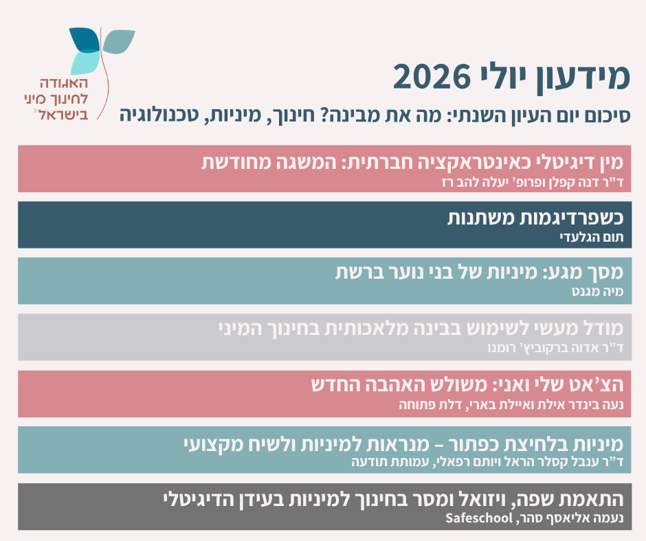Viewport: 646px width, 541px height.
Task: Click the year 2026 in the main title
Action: coord(432,77)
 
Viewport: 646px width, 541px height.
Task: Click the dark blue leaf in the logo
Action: coord(85,40)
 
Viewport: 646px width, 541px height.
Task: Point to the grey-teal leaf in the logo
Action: coord(119,41)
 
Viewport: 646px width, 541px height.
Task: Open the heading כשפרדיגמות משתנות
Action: coord(535,218)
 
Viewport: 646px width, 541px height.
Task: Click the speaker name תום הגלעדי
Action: coord(592,237)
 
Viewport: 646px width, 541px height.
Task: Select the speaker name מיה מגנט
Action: coord(597,292)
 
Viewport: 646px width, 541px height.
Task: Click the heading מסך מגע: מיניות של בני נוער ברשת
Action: coord(480,272)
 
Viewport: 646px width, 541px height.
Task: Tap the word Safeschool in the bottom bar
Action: coord(479,518)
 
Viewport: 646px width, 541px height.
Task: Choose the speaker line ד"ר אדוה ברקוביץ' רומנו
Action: coord(555,348)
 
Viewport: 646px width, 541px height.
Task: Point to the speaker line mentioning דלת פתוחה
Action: coord(511,405)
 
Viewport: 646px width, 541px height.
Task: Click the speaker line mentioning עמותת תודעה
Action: coord(487,461)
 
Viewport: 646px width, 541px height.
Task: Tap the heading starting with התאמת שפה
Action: coord(394,499)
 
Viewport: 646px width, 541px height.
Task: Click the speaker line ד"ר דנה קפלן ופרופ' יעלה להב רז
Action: coord(533,182)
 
